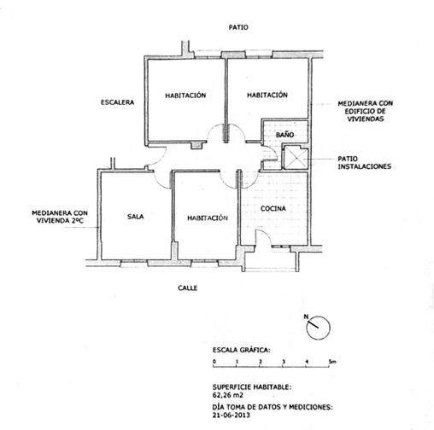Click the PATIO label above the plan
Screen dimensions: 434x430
[x=238, y=27]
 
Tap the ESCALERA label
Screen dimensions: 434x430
[x=117, y=102]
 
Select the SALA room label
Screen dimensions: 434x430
[x=135, y=217]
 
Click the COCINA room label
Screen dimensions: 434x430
[x=273, y=208]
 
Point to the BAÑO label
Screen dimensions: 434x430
[x=284, y=135]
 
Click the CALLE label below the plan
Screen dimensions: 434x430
[x=187, y=288]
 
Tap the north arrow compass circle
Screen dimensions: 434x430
[x=318, y=328]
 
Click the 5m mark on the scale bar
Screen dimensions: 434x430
[x=332, y=362]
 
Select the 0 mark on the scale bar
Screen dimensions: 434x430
[x=214, y=362]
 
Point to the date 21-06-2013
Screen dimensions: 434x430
[x=231, y=415]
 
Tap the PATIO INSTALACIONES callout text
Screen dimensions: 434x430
[x=364, y=162]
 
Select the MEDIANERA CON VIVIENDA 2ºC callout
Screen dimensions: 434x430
[x=60, y=217]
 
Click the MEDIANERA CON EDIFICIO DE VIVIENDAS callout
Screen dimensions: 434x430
[x=365, y=111]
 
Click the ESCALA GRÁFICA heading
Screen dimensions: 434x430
[x=241, y=350]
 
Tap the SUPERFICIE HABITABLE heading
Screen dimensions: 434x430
[x=252, y=386]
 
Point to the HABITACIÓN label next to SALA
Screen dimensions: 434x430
[x=208, y=218]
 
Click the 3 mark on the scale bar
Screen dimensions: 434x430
[x=284, y=362]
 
